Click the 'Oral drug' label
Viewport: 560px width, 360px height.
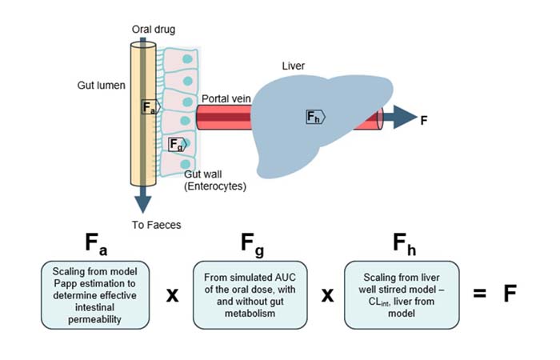point(154,29)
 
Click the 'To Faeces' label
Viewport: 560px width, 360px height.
point(157,225)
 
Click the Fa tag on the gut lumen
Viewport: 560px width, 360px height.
point(150,106)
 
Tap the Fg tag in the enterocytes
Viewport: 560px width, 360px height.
point(177,144)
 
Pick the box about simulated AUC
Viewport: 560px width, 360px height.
point(250,293)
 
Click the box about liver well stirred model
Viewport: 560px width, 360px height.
point(402,293)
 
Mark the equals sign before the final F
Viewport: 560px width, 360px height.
point(479,293)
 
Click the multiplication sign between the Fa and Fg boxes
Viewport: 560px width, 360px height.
point(171,294)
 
